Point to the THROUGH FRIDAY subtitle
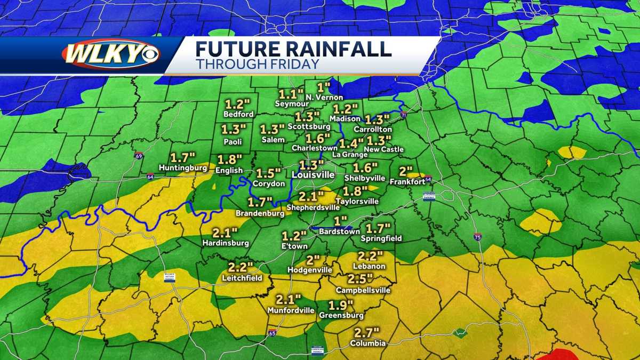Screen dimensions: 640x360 [257, 64]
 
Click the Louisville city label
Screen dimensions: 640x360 [313, 174]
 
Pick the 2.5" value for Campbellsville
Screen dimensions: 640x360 [360, 279]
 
